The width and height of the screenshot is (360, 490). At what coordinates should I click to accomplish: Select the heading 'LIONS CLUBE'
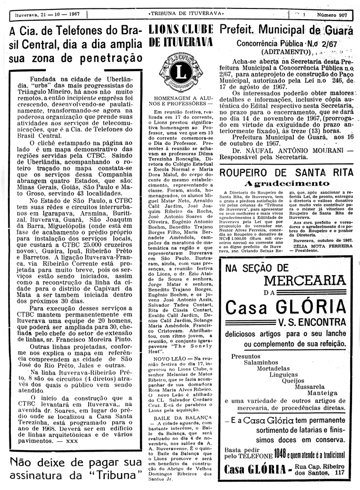(181, 30)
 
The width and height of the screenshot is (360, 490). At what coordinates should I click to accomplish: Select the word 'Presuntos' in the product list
(247, 356)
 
